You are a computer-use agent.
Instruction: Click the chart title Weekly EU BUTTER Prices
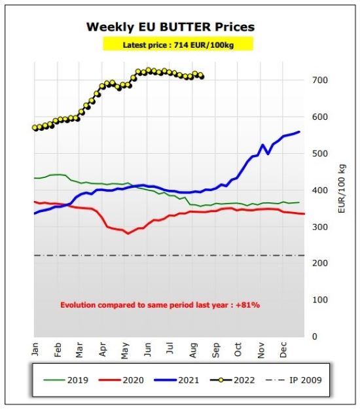point(170,27)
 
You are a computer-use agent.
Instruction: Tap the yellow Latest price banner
point(178,44)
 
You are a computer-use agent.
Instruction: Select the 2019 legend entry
point(66,380)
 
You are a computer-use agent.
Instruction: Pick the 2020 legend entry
point(121,380)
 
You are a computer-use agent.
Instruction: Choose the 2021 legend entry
point(177,380)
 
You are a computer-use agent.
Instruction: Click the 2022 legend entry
point(232,380)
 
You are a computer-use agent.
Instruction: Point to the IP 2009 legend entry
point(294,380)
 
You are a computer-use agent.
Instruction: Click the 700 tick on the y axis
point(320,80)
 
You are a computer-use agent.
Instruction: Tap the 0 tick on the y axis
point(315,336)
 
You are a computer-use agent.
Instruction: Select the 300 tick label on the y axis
point(320,227)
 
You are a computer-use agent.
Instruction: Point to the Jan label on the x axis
point(35,349)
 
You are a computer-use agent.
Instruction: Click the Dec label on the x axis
point(283,349)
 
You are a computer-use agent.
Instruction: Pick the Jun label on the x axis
point(148,349)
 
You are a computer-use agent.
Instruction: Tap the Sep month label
point(215,350)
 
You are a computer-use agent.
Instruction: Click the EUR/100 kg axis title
point(342,188)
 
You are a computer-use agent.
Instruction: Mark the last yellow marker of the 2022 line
point(202,77)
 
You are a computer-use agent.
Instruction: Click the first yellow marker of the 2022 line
point(35,128)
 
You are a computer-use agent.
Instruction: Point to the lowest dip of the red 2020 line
point(128,233)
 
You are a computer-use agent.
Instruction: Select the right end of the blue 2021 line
point(299,132)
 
